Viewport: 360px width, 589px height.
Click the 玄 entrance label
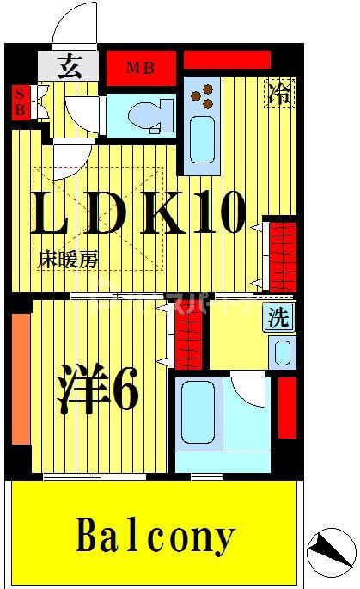click(70, 66)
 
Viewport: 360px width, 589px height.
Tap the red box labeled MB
click(141, 67)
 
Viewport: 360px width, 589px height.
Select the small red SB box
click(19, 103)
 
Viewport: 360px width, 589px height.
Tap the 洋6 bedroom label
click(98, 389)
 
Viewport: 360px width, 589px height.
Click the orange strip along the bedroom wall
click(21, 379)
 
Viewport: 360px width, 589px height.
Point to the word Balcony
click(155, 537)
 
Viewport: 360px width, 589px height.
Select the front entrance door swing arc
click(74, 21)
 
